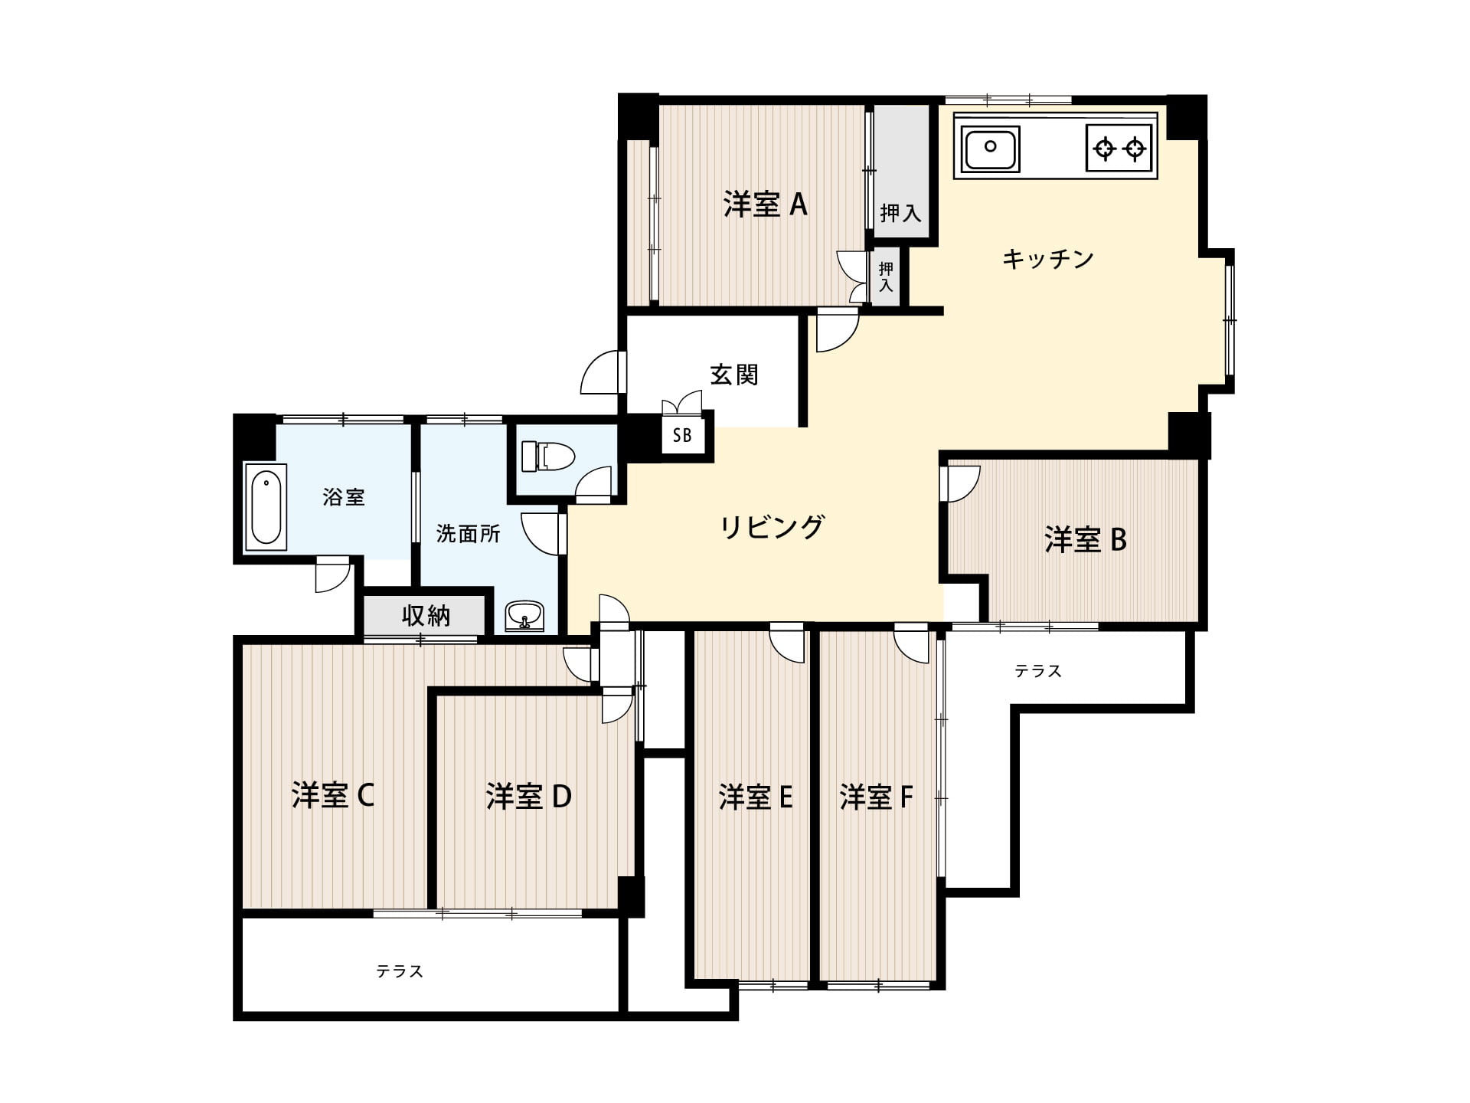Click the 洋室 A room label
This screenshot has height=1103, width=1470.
(x=765, y=205)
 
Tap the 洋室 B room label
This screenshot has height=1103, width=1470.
(x=1085, y=540)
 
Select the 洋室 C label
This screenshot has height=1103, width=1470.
(x=332, y=796)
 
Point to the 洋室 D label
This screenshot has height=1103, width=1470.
(x=528, y=797)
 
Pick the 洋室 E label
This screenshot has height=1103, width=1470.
(x=755, y=797)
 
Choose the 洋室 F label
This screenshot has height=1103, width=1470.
(x=876, y=797)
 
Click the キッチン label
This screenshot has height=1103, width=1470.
(x=1047, y=259)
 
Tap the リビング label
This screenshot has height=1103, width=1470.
(x=772, y=527)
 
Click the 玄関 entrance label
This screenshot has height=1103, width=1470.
(x=733, y=375)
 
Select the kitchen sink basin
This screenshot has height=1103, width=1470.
(x=990, y=149)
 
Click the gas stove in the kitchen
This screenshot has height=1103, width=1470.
(x=1119, y=148)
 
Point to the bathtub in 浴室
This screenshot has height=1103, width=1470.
(x=266, y=507)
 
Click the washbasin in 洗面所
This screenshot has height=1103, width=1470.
(x=524, y=615)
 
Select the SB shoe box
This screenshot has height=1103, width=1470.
(x=682, y=435)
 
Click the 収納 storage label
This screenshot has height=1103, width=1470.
(x=426, y=615)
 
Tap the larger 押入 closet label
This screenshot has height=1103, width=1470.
(x=900, y=212)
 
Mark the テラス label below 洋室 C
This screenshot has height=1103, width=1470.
(x=400, y=971)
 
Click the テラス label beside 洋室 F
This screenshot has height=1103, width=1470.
(x=1038, y=671)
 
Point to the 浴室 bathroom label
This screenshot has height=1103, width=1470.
(x=344, y=497)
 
